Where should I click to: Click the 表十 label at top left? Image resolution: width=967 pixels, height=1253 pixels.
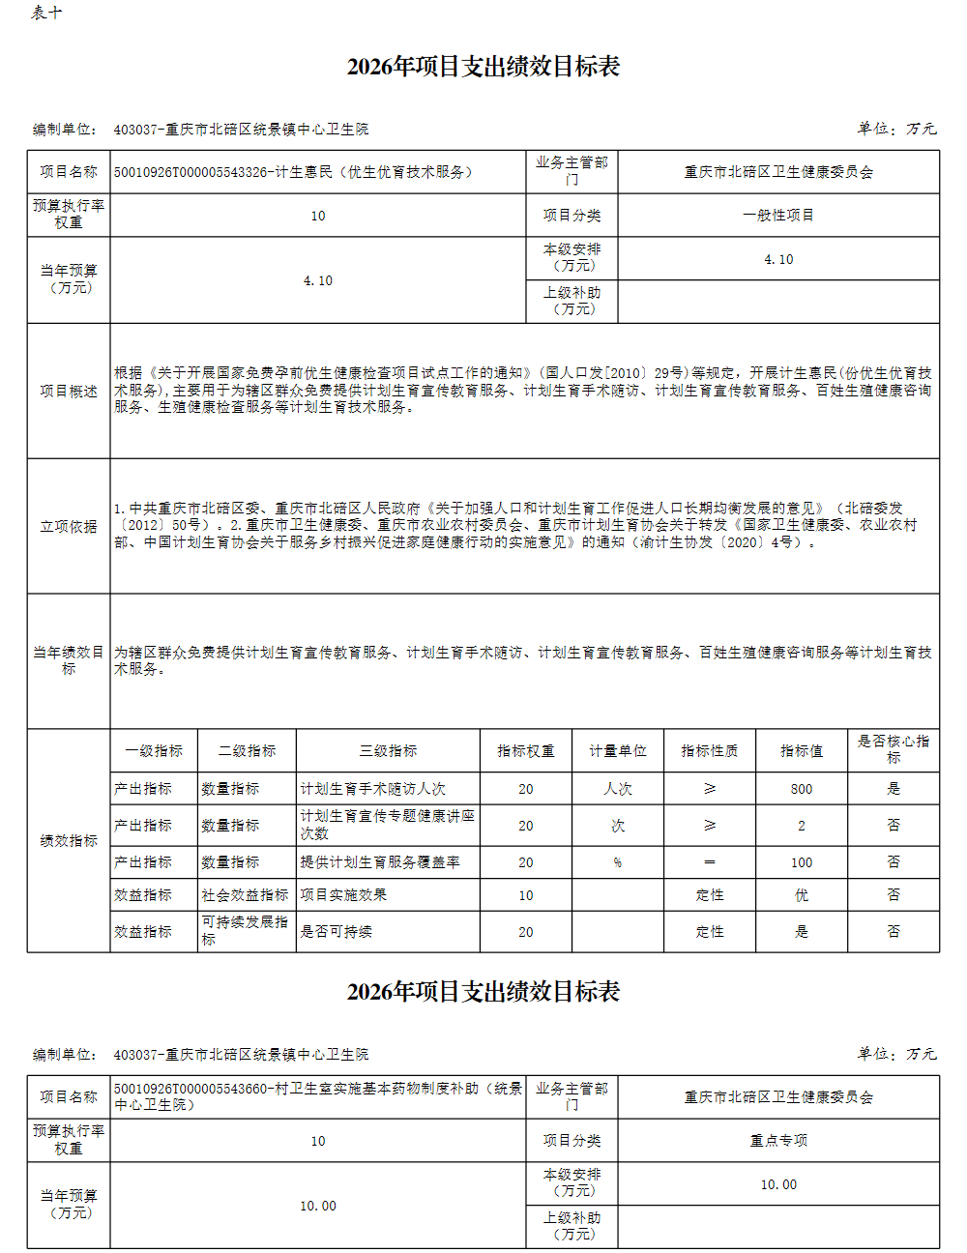tap(46, 14)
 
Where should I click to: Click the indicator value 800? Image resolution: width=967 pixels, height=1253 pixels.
tap(802, 789)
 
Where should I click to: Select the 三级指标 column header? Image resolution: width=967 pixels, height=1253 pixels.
tap(388, 751)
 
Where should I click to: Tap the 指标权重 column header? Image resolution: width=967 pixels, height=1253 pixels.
tap(525, 751)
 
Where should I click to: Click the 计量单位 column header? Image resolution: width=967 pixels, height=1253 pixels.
tap(618, 751)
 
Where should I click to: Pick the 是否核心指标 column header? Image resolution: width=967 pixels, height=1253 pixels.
tap(894, 749)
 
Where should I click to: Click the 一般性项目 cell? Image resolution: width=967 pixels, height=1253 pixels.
tap(778, 216)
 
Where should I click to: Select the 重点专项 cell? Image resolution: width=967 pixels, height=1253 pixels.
tap(778, 1141)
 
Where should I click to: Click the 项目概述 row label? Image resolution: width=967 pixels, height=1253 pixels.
tap(69, 391)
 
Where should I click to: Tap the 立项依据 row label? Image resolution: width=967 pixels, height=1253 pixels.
tap(69, 526)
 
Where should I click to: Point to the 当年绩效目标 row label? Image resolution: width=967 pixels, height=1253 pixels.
tap(69, 660)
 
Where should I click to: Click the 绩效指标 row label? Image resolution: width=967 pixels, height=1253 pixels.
tap(69, 841)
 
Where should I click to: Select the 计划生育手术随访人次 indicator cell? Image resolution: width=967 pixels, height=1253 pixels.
tap(373, 789)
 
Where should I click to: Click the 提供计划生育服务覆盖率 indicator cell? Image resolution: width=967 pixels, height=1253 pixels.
tap(380, 862)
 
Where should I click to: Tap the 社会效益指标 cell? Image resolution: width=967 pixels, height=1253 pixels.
tap(246, 895)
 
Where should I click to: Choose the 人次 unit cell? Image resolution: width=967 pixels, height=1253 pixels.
tap(618, 789)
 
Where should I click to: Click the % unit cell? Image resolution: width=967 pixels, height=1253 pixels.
tap(618, 862)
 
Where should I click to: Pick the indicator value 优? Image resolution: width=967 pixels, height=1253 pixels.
tap(802, 895)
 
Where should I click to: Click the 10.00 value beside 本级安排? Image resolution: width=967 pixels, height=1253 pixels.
tap(778, 1184)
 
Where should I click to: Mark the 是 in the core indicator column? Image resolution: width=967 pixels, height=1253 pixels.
tap(894, 789)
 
